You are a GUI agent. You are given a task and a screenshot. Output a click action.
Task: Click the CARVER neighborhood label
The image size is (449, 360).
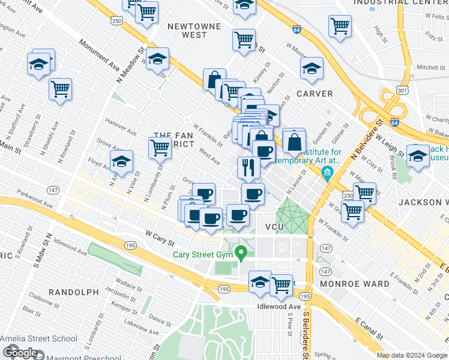tap(315, 94)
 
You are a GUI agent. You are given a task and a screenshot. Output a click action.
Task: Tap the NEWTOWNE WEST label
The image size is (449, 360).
tap(187, 31)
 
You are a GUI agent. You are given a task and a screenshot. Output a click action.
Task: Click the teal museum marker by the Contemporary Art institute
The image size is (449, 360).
tap(327, 175)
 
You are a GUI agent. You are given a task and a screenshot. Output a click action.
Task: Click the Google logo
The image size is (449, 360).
tap(19, 353)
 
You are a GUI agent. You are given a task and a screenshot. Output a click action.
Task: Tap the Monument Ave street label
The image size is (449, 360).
tap(98, 53)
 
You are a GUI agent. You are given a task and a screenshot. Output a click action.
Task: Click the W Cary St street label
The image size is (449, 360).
tap(159, 238)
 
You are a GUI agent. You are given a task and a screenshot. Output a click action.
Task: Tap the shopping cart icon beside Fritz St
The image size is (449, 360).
tap(340, 26)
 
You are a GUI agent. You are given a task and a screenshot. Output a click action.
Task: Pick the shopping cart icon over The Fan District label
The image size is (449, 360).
tap(160, 147)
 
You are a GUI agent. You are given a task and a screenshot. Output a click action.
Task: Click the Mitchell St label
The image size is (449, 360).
tap(430, 68)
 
